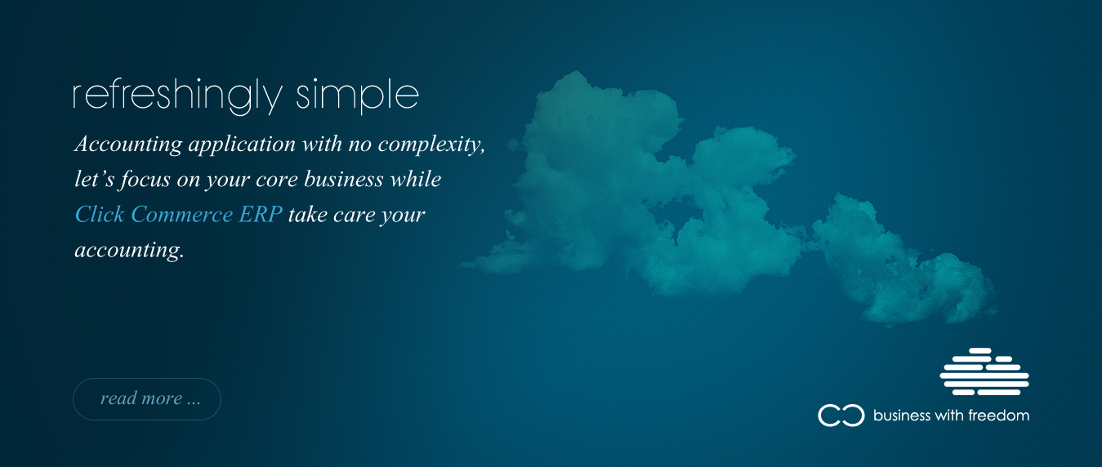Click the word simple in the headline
[x=357, y=96]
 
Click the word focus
[x=145, y=180]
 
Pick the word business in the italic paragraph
[x=343, y=180]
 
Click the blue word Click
[x=100, y=215]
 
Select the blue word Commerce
[x=181, y=215]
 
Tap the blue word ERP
[x=261, y=215]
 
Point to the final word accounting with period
[x=129, y=250]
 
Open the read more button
[x=147, y=399]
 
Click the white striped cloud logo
[x=984, y=371]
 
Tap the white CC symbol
[x=841, y=416]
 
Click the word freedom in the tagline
[x=999, y=416]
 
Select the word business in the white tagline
[x=902, y=416]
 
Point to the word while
[x=416, y=180]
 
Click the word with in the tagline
[x=949, y=416]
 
